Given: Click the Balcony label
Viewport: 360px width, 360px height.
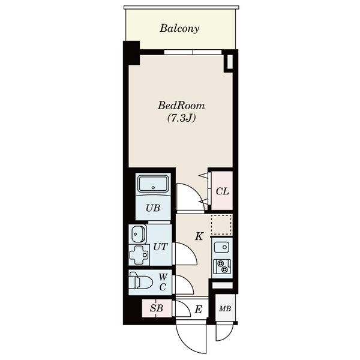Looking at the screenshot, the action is click(179, 29).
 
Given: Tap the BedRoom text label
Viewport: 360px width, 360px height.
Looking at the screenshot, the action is click(181, 106).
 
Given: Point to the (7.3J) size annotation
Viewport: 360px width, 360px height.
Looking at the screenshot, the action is click(181, 118).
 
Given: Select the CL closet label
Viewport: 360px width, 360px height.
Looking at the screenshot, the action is click(222, 191).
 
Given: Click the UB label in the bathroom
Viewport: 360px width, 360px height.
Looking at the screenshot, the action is click(153, 208).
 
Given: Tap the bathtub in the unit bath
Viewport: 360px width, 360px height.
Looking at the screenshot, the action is click(153, 184).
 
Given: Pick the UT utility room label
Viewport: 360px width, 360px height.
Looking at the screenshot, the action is click(160, 247).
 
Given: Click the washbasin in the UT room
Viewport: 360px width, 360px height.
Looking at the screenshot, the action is click(139, 234).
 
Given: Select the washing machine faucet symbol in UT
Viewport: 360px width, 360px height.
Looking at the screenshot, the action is click(139, 254).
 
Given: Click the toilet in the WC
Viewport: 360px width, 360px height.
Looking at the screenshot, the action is click(140, 280).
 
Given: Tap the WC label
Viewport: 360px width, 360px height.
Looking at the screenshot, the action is click(163, 282).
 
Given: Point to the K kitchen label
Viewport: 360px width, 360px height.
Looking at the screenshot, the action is click(199, 236).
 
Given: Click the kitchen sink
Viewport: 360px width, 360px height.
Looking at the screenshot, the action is click(221, 247).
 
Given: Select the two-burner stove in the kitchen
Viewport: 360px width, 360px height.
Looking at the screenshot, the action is click(222, 266).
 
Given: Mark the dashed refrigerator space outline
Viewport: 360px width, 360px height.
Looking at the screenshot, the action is click(221, 225).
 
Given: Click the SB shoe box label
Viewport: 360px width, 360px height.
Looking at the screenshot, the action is click(157, 308).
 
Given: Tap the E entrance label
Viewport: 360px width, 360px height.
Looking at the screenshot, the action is click(199, 310).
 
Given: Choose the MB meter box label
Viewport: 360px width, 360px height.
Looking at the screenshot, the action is click(225, 308).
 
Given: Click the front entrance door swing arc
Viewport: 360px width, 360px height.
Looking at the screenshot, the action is click(184, 344).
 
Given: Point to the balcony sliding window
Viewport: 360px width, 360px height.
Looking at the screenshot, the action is click(193, 52).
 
